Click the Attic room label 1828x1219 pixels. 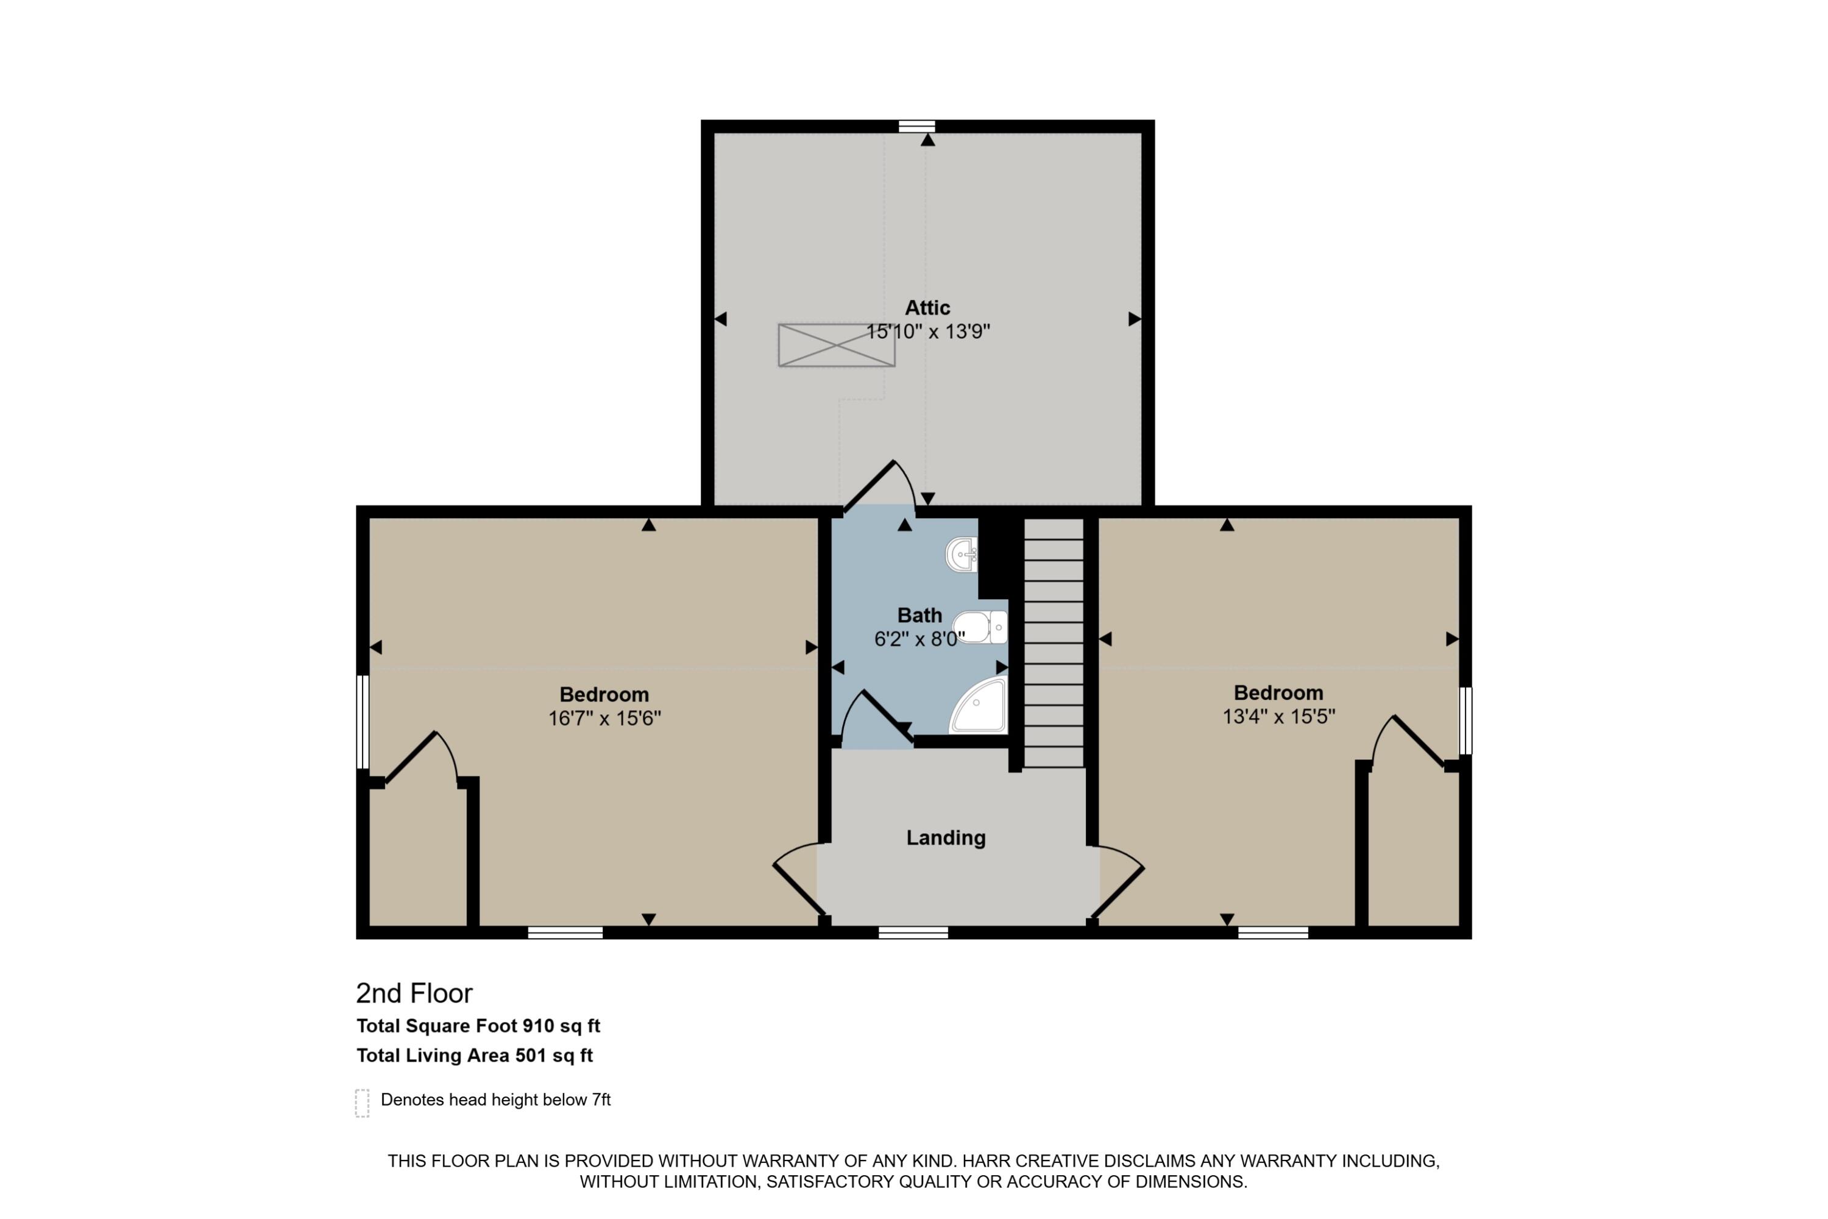coord(927,308)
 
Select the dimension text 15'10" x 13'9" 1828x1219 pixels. coord(928,332)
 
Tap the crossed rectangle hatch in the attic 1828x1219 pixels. coord(836,345)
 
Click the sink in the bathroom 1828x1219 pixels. coord(962,554)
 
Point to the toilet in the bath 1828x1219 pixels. coord(979,627)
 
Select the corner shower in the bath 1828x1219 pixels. coord(980,706)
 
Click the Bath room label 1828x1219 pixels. coord(919,616)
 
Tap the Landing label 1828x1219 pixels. coord(946,838)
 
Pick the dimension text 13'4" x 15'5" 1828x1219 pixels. coord(1278,717)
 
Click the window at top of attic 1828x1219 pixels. coord(916,126)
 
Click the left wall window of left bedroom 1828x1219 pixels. coord(362,722)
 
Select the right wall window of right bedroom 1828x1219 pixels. coord(1465,720)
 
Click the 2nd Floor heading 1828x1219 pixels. coord(414,993)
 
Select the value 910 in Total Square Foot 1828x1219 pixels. coord(538,1026)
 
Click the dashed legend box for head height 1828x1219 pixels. coord(362,1103)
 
